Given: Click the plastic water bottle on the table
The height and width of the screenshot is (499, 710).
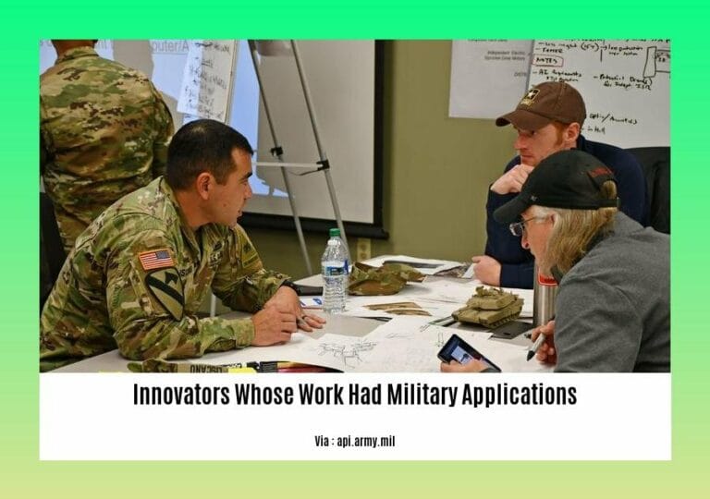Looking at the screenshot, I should [x=335, y=274].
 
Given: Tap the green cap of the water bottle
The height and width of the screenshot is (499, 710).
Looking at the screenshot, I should [x=335, y=233].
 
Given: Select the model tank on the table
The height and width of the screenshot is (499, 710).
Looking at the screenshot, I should [x=488, y=307].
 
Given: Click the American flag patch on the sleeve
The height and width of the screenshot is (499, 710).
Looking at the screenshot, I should [x=155, y=260].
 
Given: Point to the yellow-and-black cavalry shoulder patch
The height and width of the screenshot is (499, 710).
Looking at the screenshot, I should [x=165, y=293].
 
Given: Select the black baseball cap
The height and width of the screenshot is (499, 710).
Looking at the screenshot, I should [x=557, y=186].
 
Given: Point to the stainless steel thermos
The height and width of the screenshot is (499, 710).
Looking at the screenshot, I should [x=545, y=298].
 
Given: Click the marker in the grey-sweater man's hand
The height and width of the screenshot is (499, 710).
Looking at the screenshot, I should [x=535, y=345].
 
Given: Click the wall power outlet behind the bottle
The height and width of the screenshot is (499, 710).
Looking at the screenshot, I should [x=363, y=249].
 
